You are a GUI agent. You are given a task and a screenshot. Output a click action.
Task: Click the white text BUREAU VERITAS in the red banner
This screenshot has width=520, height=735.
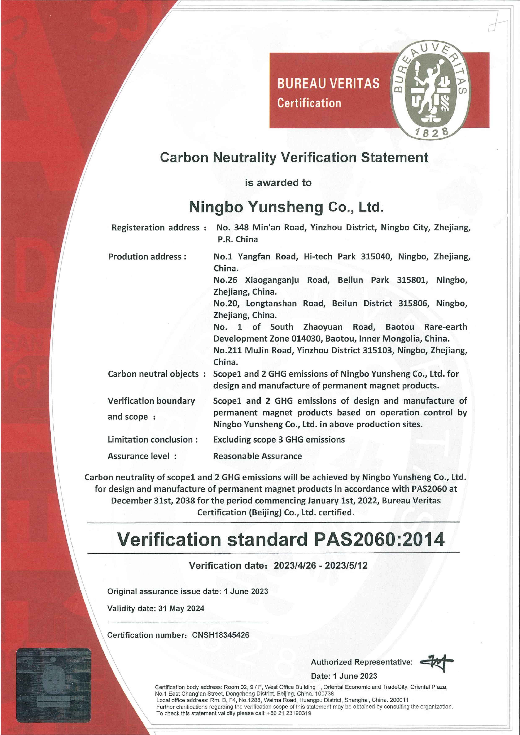[x=328, y=84]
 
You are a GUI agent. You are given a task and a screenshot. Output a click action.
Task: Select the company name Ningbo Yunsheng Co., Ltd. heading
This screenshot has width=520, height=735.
[x=286, y=207]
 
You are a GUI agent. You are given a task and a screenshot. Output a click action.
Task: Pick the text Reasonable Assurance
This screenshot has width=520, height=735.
[x=257, y=456]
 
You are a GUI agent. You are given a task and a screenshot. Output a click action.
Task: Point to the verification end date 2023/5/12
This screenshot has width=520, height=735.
[x=346, y=565]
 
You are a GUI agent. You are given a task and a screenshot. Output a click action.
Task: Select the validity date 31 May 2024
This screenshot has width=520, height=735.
[x=181, y=608]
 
